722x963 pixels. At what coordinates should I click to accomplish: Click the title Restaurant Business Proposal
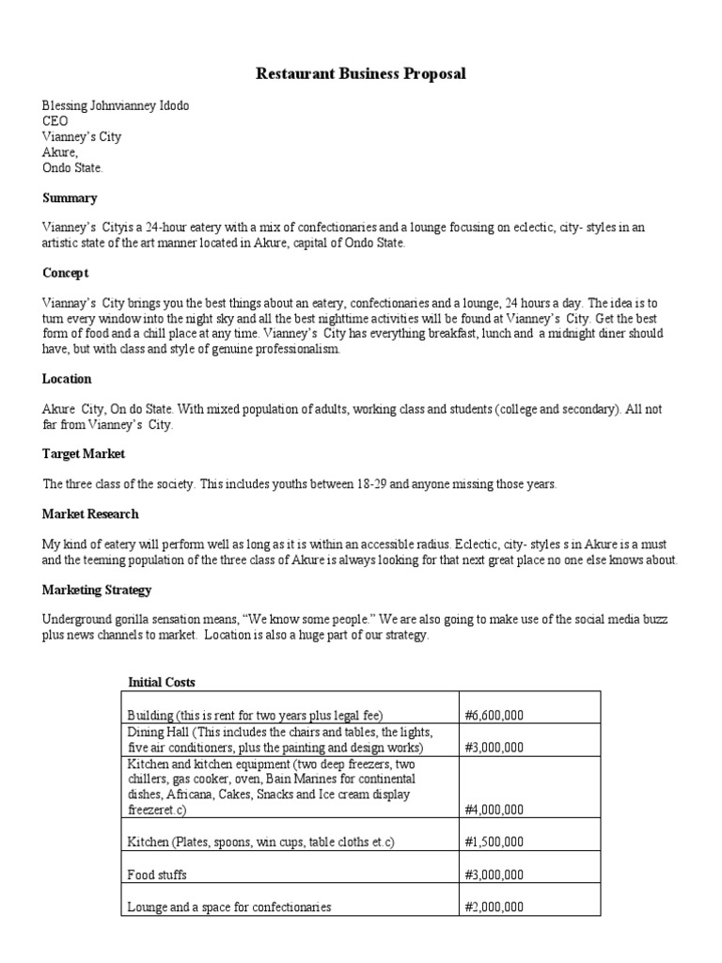tap(361, 73)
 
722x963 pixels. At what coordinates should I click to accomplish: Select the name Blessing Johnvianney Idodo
tap(116, 105)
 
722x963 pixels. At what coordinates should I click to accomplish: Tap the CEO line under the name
tap(55, 121)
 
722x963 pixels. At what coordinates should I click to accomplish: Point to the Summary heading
tap(70, 198)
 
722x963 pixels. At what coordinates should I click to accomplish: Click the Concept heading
tap(66, 273)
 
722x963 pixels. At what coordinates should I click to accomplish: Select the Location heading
tap(67, 379)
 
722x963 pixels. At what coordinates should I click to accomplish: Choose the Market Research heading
tap(90, 513)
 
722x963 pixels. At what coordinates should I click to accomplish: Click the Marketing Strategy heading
tap(97, 590)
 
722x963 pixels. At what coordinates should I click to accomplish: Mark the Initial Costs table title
tap(162, 682)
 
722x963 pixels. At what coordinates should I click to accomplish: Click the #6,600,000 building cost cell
tap(494, 715)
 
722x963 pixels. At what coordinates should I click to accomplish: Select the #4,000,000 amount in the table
tap(494, 809)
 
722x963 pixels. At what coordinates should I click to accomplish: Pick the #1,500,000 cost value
tap(494, 843)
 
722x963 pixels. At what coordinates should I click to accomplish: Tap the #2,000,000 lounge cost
tap(494, 908)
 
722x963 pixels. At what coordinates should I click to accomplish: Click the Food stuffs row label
tap(157, 875)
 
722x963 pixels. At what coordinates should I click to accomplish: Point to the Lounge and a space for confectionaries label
tap(229, 908)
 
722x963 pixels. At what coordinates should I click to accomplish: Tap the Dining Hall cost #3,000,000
tap(494, 748)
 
